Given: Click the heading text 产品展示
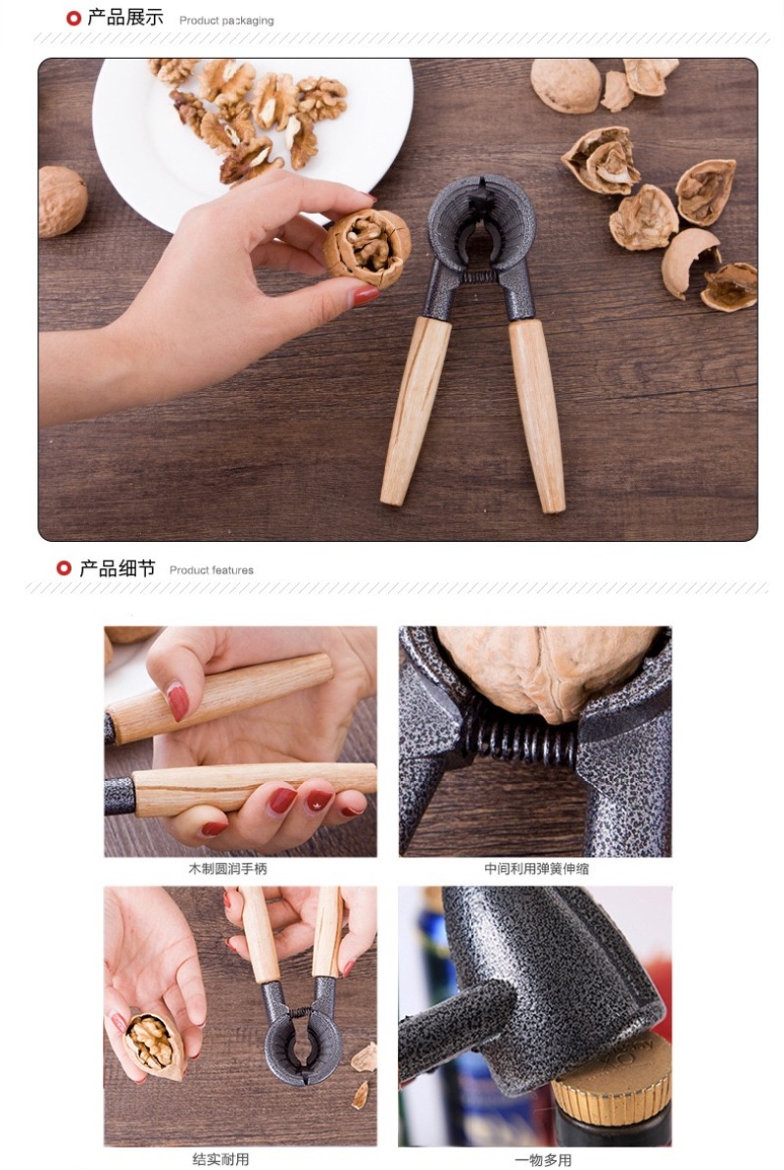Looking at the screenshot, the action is [124, 18].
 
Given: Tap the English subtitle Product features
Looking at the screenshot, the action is [211, 570].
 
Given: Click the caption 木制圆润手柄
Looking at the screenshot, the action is [226, 868].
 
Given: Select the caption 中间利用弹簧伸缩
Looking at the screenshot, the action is [536, 868].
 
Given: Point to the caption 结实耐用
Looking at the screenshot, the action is [220, 1159].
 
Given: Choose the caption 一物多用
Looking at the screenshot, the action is [543, 1159].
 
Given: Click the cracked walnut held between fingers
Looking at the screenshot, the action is [367, 247].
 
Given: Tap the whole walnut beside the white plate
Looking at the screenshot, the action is [62, 202].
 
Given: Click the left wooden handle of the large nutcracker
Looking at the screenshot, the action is [415, 411].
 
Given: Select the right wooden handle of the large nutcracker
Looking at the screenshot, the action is [537, 414].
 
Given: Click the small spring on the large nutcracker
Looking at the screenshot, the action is [478, 277].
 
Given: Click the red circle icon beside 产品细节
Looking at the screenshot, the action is [64, 567].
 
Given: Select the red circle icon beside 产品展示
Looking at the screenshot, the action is [73, 18].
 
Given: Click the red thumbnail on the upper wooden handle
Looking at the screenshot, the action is [177, 702].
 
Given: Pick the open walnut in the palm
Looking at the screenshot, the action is [153, 1044].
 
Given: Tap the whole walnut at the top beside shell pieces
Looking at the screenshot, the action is [565, 85].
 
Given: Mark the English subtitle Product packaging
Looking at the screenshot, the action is [226, 21].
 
